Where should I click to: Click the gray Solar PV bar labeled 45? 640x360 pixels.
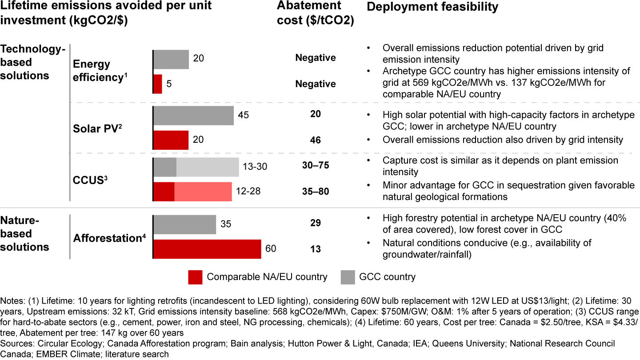(193, 116)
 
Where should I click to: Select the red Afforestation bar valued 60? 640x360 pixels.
(207, 249)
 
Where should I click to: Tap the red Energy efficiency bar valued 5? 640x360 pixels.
(158, 84)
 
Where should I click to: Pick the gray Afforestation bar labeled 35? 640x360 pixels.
(184, 224)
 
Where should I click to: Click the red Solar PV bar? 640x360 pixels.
(171, 140)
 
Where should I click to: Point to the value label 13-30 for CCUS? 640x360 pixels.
(255, 167)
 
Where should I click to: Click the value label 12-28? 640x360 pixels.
(248, 192)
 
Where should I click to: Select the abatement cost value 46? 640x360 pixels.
(316, 140)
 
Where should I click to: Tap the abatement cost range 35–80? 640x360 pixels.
(316, 192)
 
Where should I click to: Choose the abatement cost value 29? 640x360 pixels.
(316, 223)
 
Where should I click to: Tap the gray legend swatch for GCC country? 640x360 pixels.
(348, 277)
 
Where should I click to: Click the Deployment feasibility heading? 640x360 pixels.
(432, 7)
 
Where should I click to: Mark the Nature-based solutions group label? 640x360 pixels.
(25, 233)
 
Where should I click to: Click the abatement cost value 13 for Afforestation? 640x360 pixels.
(316, 249)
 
